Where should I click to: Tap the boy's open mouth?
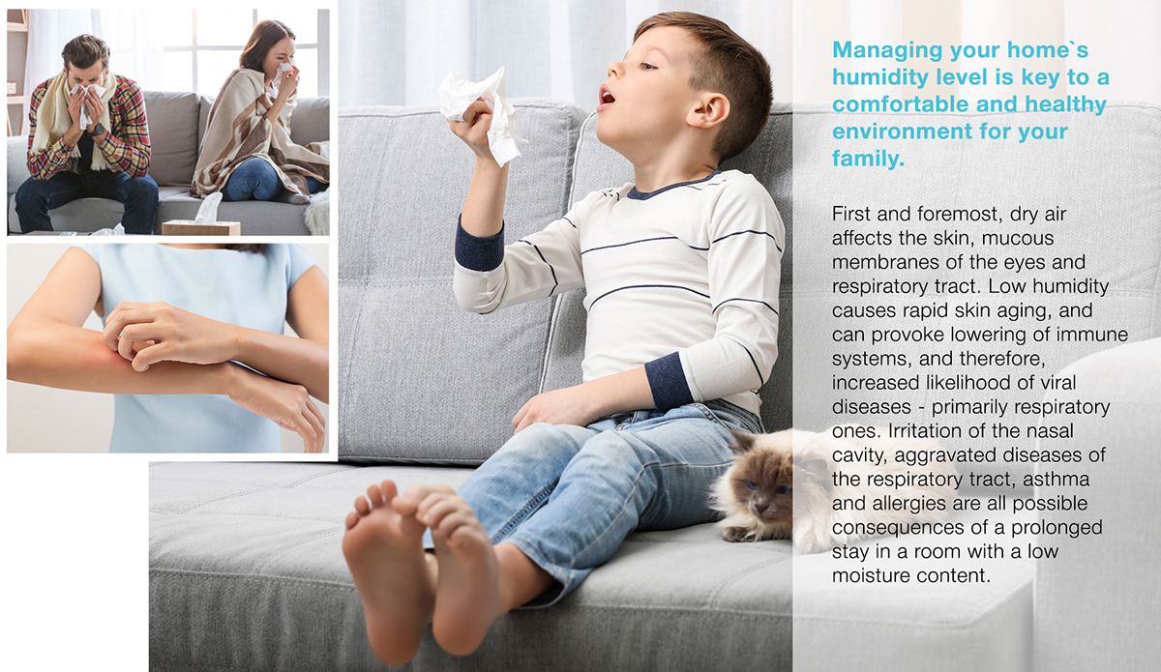606,97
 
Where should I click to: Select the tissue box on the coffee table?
201,226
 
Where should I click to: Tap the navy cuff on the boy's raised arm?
480,245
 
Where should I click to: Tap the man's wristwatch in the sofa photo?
98,128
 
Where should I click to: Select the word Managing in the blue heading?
881,49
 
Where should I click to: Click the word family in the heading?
868,160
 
